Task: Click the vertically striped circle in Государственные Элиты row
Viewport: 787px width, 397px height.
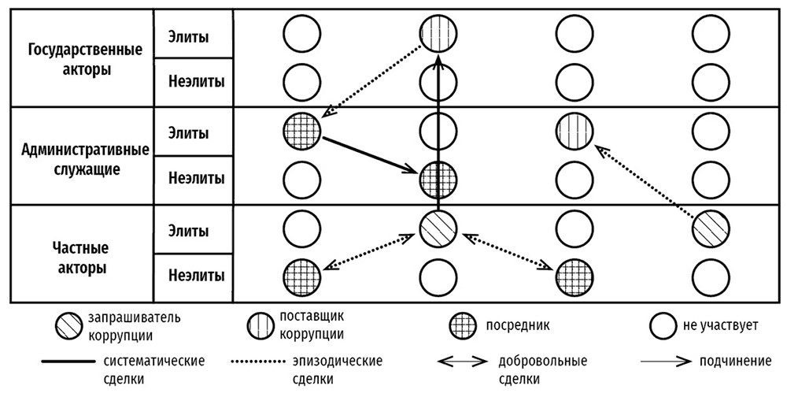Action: [x=438, y=34]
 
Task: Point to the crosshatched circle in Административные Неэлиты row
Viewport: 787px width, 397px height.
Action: [x=438, y=179]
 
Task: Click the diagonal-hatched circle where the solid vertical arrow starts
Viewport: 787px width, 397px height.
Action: [x=438, y=228]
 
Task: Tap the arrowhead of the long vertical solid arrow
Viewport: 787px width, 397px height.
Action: [x=438, y=61]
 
